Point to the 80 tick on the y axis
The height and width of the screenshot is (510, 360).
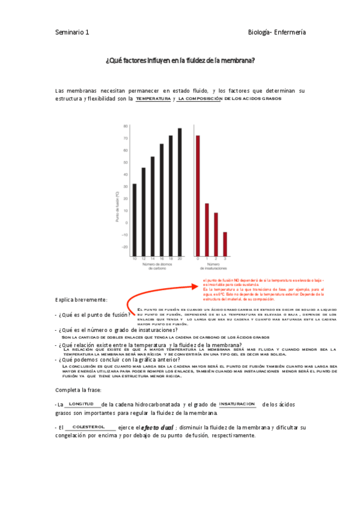pos(126,126)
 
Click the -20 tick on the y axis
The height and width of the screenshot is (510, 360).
pos(125,247)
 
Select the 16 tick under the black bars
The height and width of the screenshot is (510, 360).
pos(162,258)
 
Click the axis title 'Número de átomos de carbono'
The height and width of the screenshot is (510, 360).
pos(157,266)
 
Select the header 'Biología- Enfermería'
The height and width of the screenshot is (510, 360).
pos(277,32)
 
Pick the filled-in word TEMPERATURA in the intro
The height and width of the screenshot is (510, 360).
pos(153,99)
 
